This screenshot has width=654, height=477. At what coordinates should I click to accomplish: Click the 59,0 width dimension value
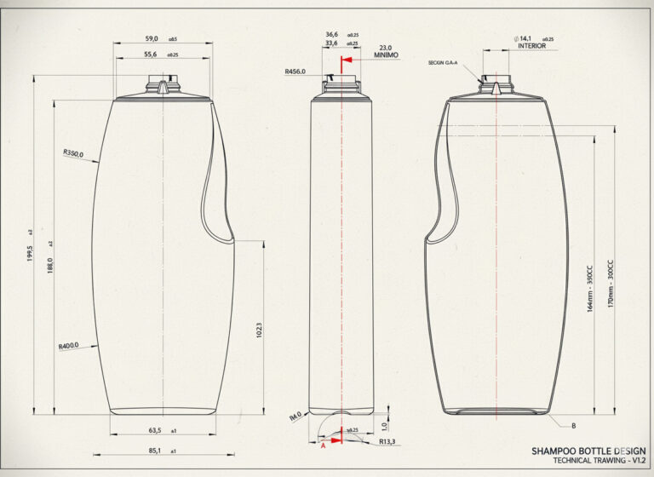(x=152, y=38)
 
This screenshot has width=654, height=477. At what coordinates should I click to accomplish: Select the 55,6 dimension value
(x=151, y=54)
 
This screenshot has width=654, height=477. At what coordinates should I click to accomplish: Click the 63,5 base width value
(x=155, y=432)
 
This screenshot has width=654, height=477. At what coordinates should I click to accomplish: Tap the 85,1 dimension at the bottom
(x=155, y=450)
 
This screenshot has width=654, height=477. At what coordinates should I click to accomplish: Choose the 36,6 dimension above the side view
(x=332, y=35)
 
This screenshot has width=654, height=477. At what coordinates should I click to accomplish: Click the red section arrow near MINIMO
(x=346, y=62)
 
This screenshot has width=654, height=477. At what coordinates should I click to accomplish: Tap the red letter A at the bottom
(x=323, y=444)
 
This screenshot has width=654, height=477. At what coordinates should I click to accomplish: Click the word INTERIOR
(x=532, y=46)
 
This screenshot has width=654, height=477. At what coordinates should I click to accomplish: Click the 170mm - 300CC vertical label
(x=609, y=284)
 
